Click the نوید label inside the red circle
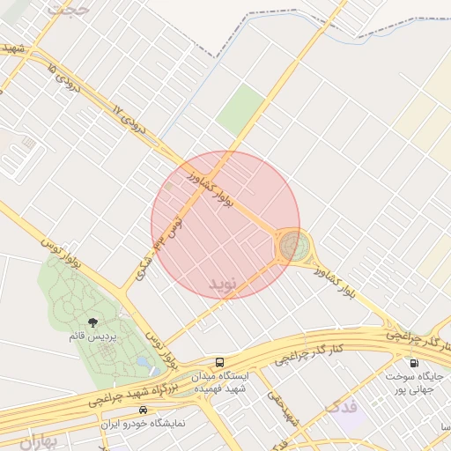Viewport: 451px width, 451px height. (224, 285)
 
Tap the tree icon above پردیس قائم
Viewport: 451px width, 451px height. (93, 322)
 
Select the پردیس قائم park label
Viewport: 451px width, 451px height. (93, 336)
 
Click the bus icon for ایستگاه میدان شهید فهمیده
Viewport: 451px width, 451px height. (219, 362)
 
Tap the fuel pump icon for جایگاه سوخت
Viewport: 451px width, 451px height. (413, 362)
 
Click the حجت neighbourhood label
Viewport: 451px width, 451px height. (70, 8)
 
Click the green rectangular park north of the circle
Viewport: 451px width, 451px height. (240, 109)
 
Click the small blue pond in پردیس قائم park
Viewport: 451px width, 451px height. (144, 361)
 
